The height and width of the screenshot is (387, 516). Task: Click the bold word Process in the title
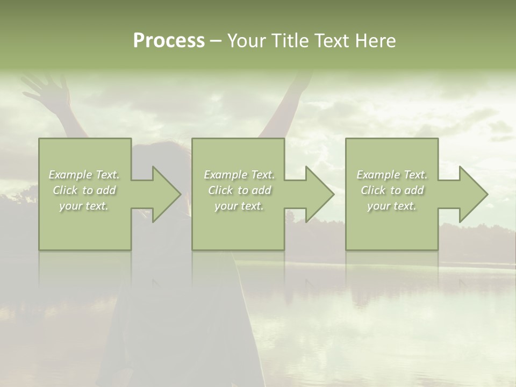[169, 41]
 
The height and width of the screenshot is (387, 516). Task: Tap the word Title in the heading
[289, 41]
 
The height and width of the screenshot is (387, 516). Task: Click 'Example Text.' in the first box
[84, 175]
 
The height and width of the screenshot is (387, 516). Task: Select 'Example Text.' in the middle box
[239, 175]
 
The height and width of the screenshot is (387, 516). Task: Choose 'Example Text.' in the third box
[392, 175]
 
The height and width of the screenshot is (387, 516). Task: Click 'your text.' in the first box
[84, 206]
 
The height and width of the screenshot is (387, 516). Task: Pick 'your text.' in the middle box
[239, 206]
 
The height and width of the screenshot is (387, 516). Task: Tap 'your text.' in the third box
[392, 206]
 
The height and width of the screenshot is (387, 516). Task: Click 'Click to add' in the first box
[84, 190]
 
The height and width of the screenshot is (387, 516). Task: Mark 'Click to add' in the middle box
[239, 190]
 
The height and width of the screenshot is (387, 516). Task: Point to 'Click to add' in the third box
[392, 190]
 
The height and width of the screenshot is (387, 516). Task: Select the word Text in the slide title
[330, 41]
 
